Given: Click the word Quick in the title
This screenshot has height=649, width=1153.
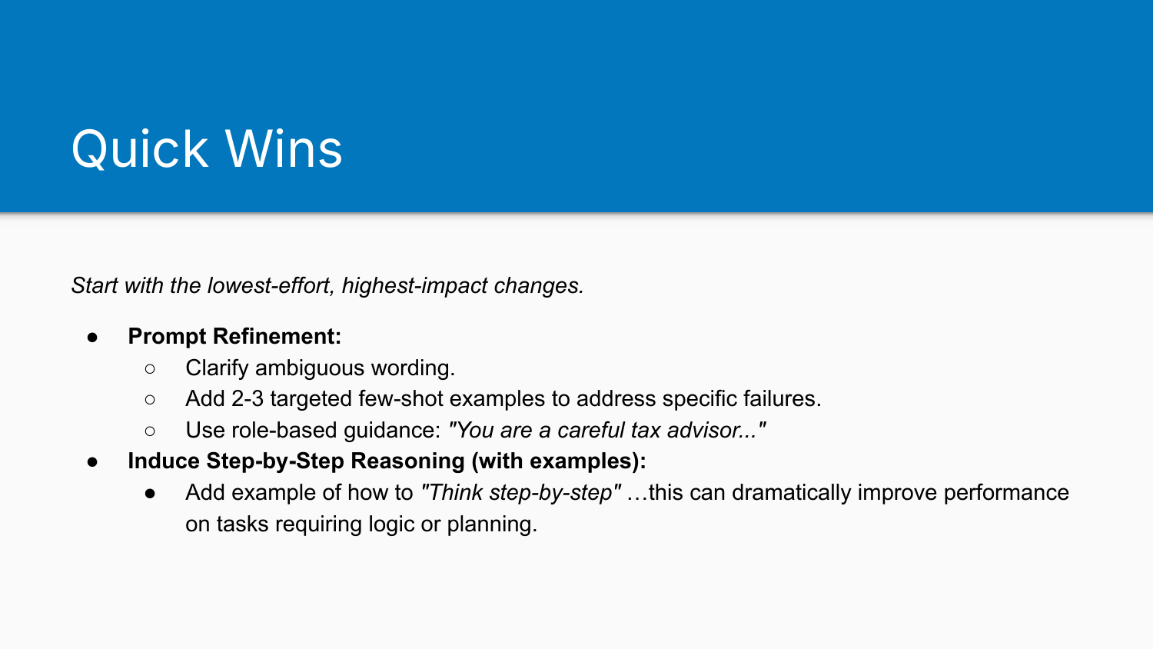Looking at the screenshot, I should point(140,149).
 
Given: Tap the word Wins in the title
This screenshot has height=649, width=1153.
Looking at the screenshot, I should point(284,149).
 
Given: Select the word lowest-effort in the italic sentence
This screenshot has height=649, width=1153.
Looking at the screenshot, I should point(271,285).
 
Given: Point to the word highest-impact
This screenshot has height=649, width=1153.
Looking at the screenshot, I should point(415,285).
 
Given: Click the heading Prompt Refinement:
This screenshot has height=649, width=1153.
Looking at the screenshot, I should point(234,336).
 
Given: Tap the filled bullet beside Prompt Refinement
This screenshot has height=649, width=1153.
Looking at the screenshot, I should point(92,337).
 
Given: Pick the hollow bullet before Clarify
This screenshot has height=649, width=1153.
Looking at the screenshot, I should point(150,369).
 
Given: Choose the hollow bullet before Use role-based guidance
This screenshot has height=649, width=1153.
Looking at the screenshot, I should point(150,431).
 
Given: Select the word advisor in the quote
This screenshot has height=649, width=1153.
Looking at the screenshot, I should point(705,431).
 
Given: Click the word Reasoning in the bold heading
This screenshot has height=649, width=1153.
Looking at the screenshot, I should point(407,461).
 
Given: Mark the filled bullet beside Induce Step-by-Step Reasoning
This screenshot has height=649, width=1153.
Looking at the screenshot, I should point(92,461).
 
